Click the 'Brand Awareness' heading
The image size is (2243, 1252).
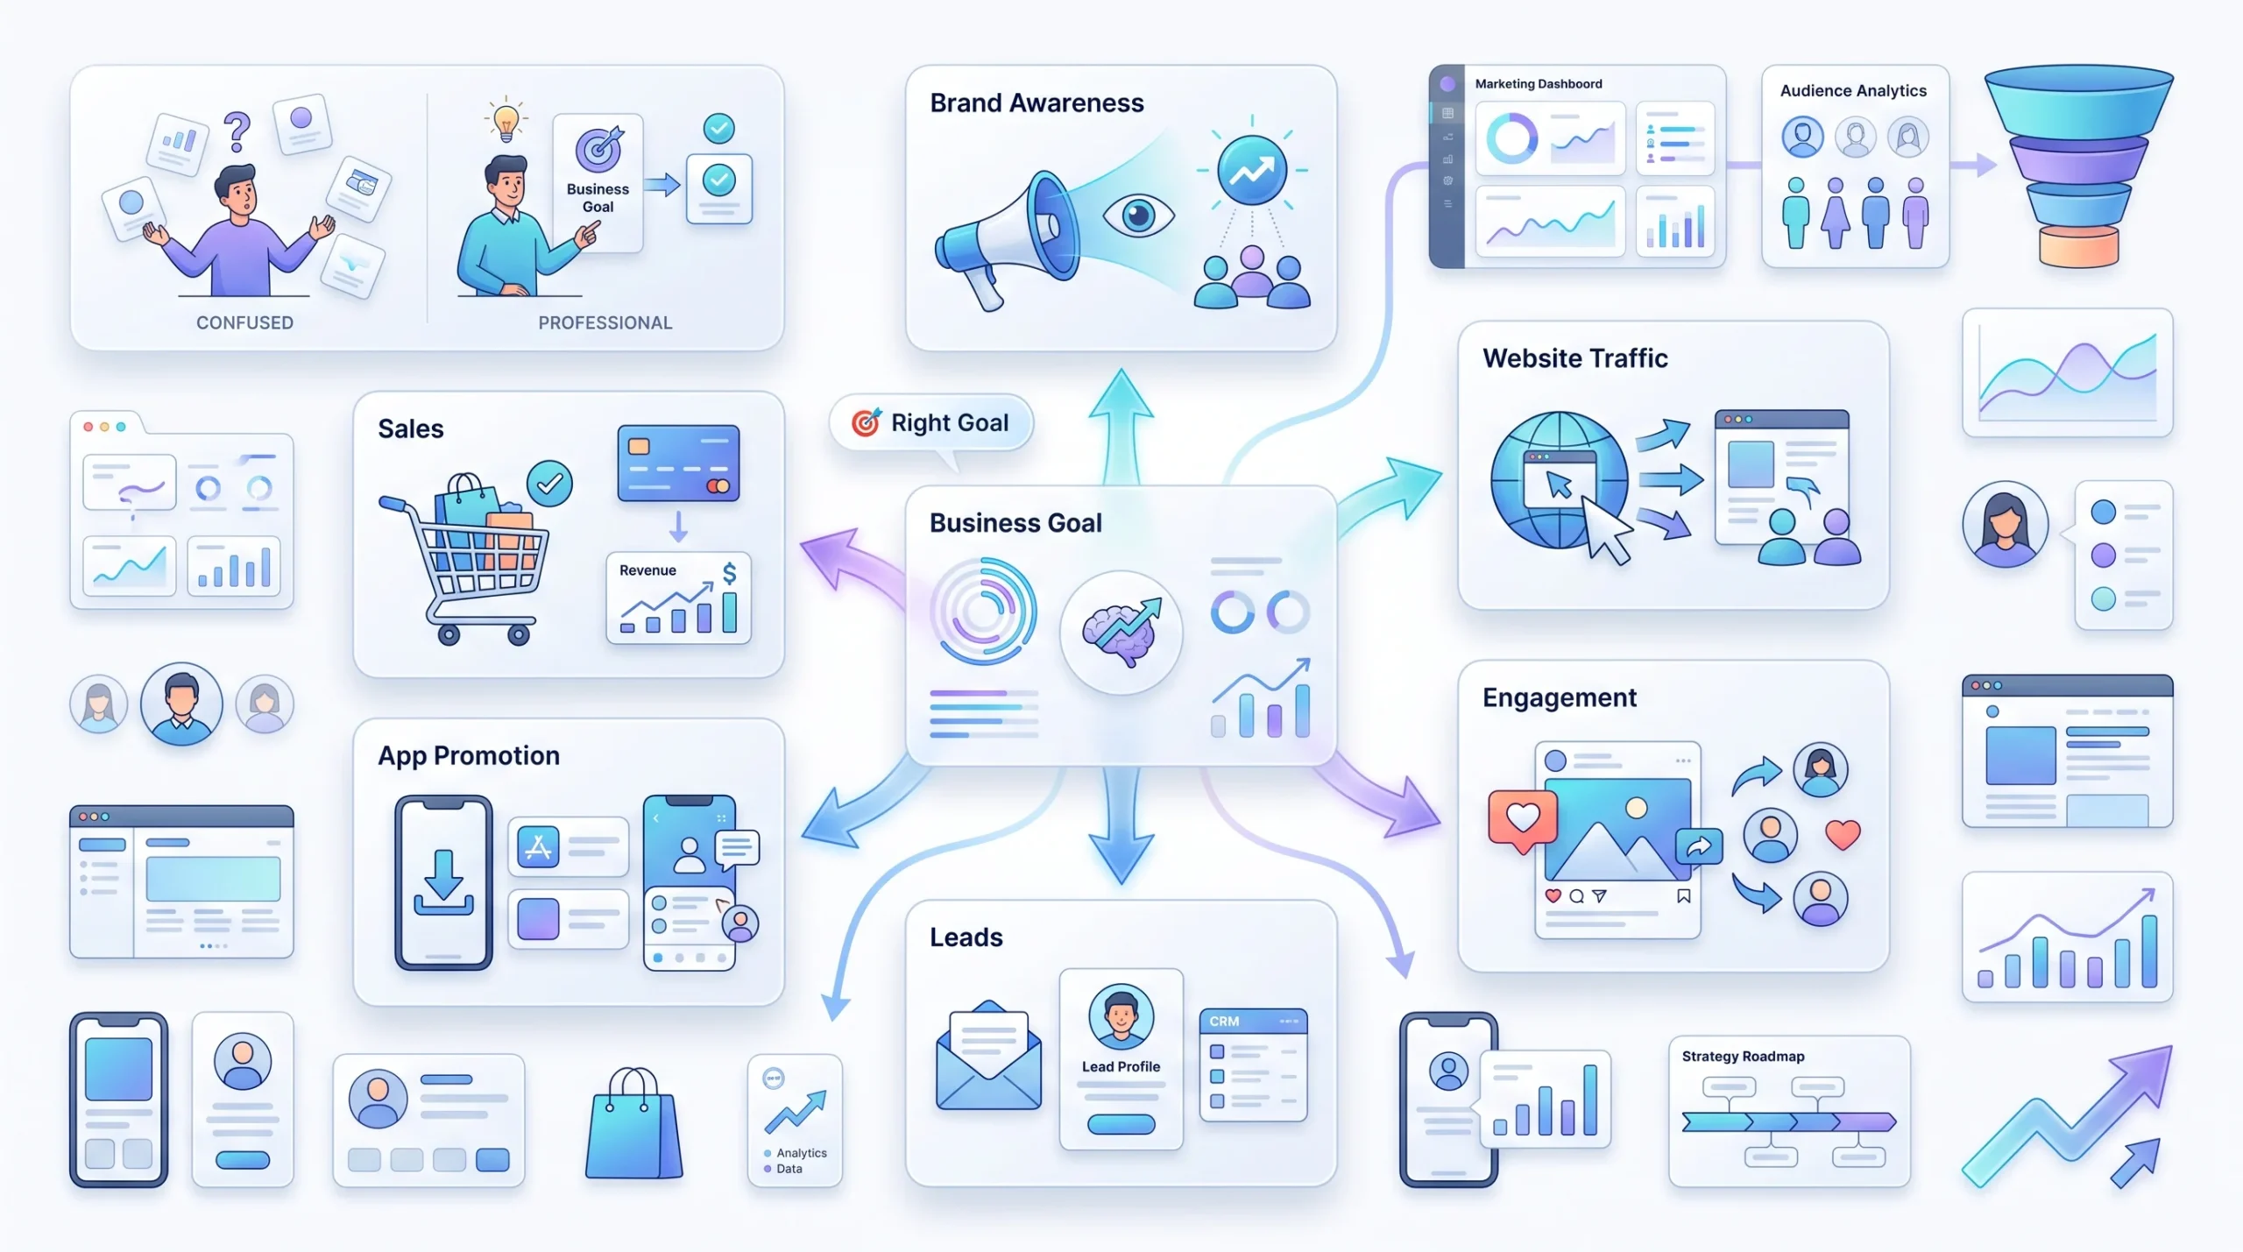coord(1037,103)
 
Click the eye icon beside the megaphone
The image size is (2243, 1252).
coord(1138,215)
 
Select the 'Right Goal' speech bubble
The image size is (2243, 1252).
coord(931,423)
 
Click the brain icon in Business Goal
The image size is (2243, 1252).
coord(1121,632)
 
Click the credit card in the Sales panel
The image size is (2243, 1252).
coord(678,463)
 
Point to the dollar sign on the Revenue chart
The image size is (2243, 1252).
coord(729,574)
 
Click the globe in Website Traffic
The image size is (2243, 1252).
coord(1559,480)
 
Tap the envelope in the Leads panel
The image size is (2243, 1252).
coord(988,1055)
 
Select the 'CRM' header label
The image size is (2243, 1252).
coord(1224,1022)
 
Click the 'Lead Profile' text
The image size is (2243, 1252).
coord(1121,1066)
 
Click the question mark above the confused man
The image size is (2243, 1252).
coord(237,132)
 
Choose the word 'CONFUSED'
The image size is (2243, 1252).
coord(244,322)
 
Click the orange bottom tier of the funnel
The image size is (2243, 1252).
coord(2078,246)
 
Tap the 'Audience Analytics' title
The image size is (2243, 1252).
coord(1853,90)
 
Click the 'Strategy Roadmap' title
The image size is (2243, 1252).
coord(1743,1057)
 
